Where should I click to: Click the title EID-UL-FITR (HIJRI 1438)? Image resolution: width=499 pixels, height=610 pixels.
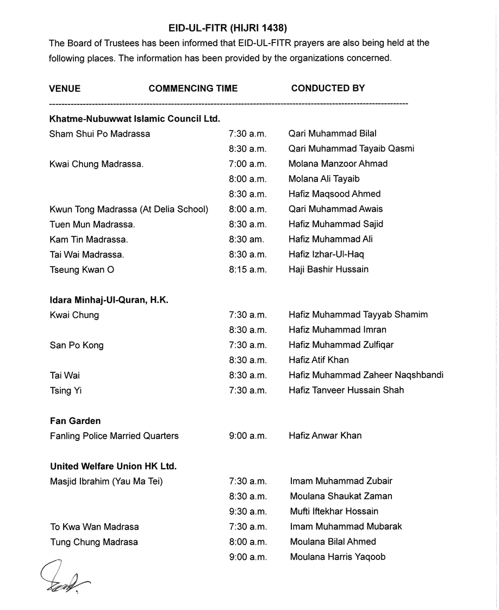coord(228,27)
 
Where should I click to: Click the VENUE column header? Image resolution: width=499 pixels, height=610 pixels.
coord(65,88)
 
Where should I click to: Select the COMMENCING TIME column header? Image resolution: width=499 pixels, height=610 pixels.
coord(193,88)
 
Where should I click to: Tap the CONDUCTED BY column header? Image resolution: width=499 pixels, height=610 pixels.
coord(328,88)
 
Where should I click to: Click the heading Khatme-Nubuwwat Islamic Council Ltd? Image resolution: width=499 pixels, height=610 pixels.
coord(134,118)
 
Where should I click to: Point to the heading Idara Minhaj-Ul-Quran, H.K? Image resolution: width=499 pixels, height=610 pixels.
coord(109,300)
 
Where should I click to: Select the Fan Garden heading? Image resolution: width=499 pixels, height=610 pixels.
coord(75,421)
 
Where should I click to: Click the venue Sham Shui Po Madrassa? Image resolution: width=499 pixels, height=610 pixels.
coord(99,133)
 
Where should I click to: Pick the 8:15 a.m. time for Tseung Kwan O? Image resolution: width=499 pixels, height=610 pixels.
coord(247,269)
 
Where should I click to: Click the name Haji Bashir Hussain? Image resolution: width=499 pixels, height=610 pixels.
coord(328,269)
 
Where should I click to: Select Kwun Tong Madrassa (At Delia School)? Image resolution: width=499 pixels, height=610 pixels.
coord(129,209)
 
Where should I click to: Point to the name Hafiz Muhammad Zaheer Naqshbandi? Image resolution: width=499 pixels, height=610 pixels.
coord(366,375)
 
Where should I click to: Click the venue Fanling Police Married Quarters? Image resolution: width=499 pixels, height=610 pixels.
coord(114,435)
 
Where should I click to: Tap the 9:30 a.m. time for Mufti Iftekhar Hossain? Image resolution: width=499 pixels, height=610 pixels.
coord(248,511)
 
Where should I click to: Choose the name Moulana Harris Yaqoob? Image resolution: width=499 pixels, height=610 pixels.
coord(338,557)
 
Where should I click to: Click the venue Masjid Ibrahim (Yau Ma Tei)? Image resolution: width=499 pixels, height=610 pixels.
coord(107,481)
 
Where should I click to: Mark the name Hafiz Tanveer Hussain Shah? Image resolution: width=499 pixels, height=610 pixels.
coord(346,390)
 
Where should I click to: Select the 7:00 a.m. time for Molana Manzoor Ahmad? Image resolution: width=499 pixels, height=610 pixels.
coord(247,164)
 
